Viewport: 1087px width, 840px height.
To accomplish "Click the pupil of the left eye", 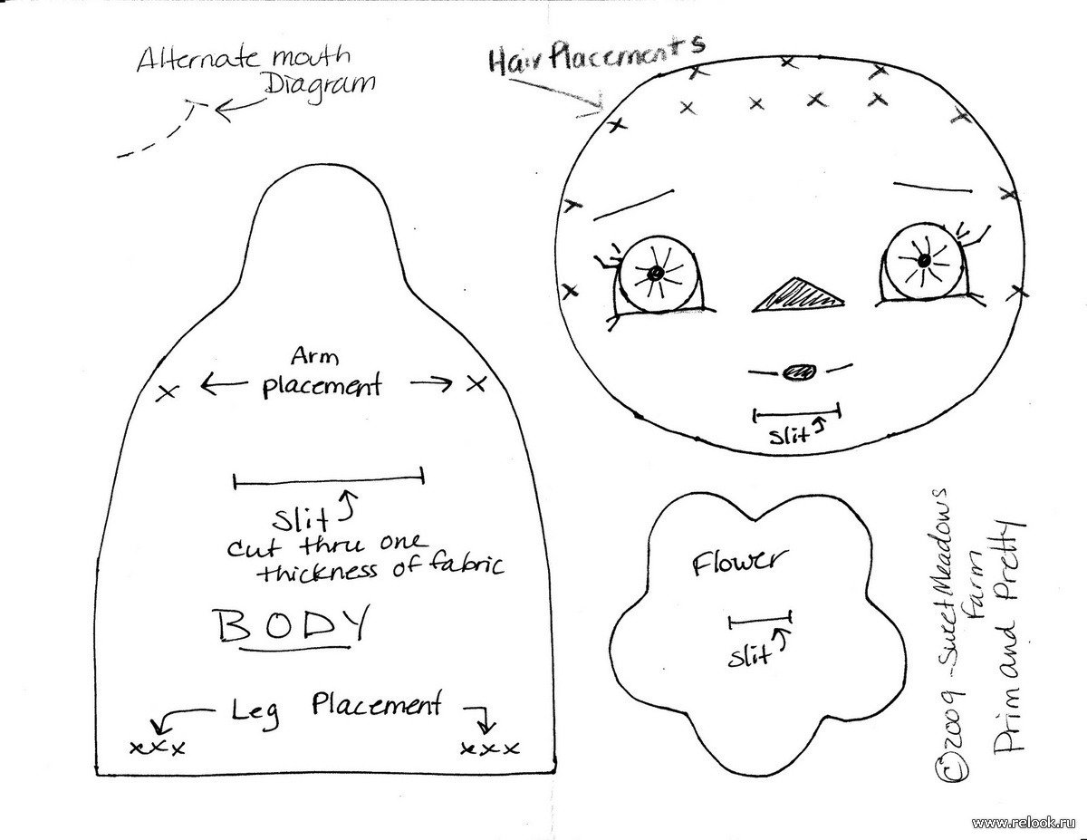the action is (x=655, y=273).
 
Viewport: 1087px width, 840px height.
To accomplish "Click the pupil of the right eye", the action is (x=925, y=260).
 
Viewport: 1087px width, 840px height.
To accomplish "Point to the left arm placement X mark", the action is (x=167, y=391).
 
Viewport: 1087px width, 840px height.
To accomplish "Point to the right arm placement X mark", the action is (x=476, y=384).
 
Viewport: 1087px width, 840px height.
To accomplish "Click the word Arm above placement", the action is (x=314, y=356).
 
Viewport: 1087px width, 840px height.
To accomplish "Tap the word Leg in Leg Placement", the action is (x=255, y=711).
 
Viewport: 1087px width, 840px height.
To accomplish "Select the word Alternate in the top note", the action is (x=198, y=59).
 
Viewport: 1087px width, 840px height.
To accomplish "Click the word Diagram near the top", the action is (x=321, y=88).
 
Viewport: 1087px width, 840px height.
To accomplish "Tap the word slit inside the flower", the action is (x=748, y=656).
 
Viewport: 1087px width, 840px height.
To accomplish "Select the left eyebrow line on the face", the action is (x=633, y=205).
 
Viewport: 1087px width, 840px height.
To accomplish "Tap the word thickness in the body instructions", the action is (x=319, y=572).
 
